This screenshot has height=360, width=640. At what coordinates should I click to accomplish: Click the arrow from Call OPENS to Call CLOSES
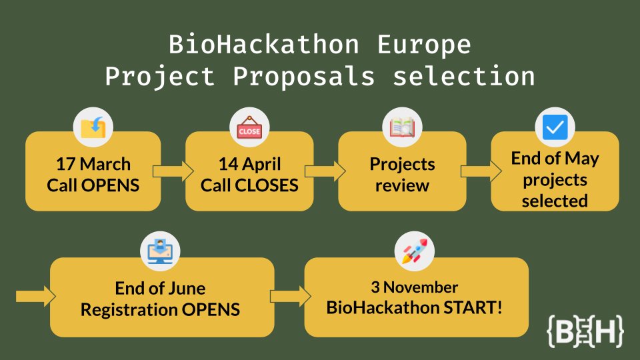pyautogui.click(x=172, y=171)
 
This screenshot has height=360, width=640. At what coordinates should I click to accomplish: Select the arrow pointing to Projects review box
pyautogui.click(x=326, y=171)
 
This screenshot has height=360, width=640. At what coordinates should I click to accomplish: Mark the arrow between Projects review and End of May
pyautogui.click(x=479, y=171)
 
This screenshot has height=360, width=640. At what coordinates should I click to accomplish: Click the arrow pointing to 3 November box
pyautogui.click(x=290, y=296)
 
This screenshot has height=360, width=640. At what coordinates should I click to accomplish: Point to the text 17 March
pyautogui.click(x=93, y=164)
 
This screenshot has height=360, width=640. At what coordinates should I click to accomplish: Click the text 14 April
pyautogui.click(x=249, y=164)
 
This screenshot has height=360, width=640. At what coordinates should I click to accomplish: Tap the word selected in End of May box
pyautogui.click(x=555, y=201)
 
